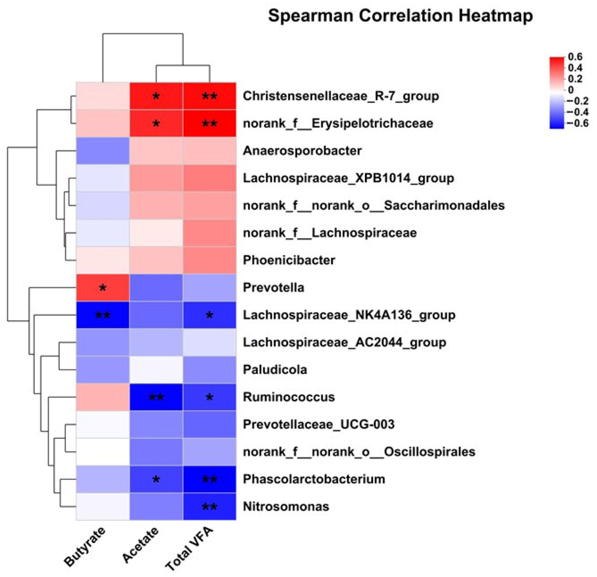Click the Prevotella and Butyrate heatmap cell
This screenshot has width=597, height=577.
tap(103, 288)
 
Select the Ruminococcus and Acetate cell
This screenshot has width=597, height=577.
tap(156, 397)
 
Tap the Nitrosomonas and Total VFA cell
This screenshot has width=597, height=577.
tap(209, 506)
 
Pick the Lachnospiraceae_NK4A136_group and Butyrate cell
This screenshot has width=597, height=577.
tap(103, 315)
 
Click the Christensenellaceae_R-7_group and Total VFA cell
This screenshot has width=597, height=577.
tap(209, 96)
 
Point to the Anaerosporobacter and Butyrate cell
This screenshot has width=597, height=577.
tap(103, 150)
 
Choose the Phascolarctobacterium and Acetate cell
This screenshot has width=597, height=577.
tap(156, 479)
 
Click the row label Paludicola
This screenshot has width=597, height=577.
tap(275, 370)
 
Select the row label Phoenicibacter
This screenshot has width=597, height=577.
tap(289, 260)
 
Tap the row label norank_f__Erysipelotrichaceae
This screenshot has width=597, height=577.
tap(338, 123)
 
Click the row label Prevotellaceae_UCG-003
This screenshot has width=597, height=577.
tap(318, 424)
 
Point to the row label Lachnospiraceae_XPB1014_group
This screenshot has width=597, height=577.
tap(348, 178)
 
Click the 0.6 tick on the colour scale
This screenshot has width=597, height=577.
tap(575, 57)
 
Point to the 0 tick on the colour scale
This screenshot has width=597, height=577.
tap(570, 90)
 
